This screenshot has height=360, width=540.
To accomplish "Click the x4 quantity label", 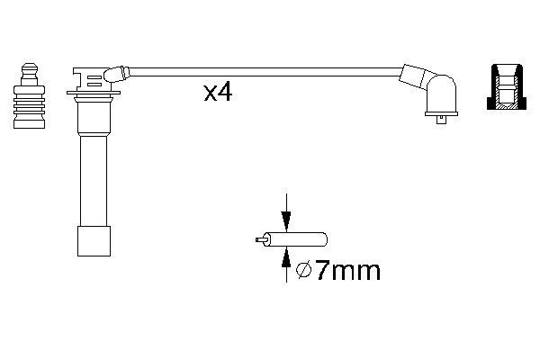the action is (x=219, y=93).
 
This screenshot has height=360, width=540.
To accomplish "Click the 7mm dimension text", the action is (x=347, y=271).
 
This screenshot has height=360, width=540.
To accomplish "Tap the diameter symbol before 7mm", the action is (x=304, y=271).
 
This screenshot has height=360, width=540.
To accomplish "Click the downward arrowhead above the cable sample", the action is (x=286, y=220).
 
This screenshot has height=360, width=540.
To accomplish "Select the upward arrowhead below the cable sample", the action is (x=286, y=258).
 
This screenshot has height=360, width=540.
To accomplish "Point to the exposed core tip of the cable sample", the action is (x=259, y=239).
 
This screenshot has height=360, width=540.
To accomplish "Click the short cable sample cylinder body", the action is (x=295, y=239).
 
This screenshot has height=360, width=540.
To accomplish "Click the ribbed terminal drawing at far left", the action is (x=30, y=95).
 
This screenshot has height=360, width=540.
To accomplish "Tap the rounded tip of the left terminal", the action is (x=30, y=67).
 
